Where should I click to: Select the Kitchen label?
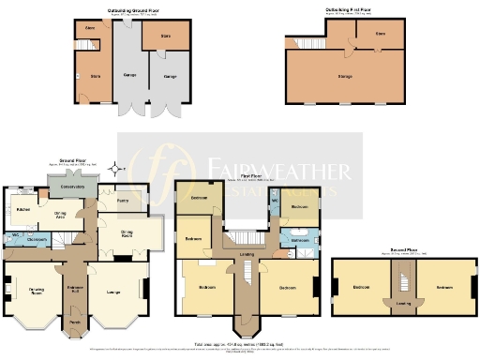tap(22, 208)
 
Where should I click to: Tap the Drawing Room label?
tap(38, 290)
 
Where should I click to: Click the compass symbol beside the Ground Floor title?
tap(114, 170)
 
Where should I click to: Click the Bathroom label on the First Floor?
tap(299, 240)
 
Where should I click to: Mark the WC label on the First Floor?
tap(276, 201)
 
